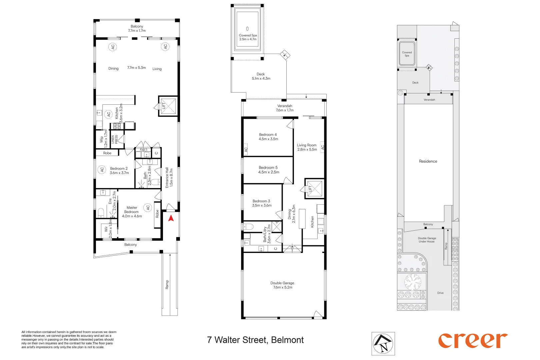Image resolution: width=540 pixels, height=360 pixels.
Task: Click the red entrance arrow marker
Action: pos(171,219)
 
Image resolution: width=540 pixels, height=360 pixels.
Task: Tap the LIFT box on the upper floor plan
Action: pos(168,106)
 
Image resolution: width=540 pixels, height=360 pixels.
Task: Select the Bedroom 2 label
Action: pos(119,171)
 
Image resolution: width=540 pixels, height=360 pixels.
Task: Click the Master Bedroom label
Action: pos(132,212)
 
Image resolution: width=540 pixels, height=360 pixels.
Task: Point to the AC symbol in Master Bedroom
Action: pos(148,207)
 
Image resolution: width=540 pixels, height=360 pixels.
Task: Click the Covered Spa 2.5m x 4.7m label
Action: pos(248,37)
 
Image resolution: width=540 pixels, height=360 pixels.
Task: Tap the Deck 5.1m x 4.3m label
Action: pos(261,76)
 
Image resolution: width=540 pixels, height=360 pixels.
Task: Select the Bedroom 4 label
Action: pos(268,137)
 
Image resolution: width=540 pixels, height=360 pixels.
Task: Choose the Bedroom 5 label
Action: pos(268,170)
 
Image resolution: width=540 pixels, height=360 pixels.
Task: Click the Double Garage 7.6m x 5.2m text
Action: pos(282,285)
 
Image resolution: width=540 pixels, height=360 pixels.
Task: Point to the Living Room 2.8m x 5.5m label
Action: pos(307,147)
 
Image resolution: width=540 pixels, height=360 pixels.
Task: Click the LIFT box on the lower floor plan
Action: pos(315,188)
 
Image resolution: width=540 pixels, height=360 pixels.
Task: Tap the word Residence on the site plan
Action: pos(428,161)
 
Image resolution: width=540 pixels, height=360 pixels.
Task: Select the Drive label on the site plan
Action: pos(440,293)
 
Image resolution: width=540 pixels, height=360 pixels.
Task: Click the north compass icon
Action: pos(383,343)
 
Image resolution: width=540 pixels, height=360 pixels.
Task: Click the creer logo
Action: pos(472,340)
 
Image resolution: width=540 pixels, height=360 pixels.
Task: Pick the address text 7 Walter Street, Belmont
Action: pos(255,340)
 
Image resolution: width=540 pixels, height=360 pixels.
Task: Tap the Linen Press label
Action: pos(114,139)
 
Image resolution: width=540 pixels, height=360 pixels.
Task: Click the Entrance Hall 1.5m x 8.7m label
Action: pos(169,177)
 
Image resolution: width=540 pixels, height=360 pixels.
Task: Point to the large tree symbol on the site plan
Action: pos(412,282)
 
